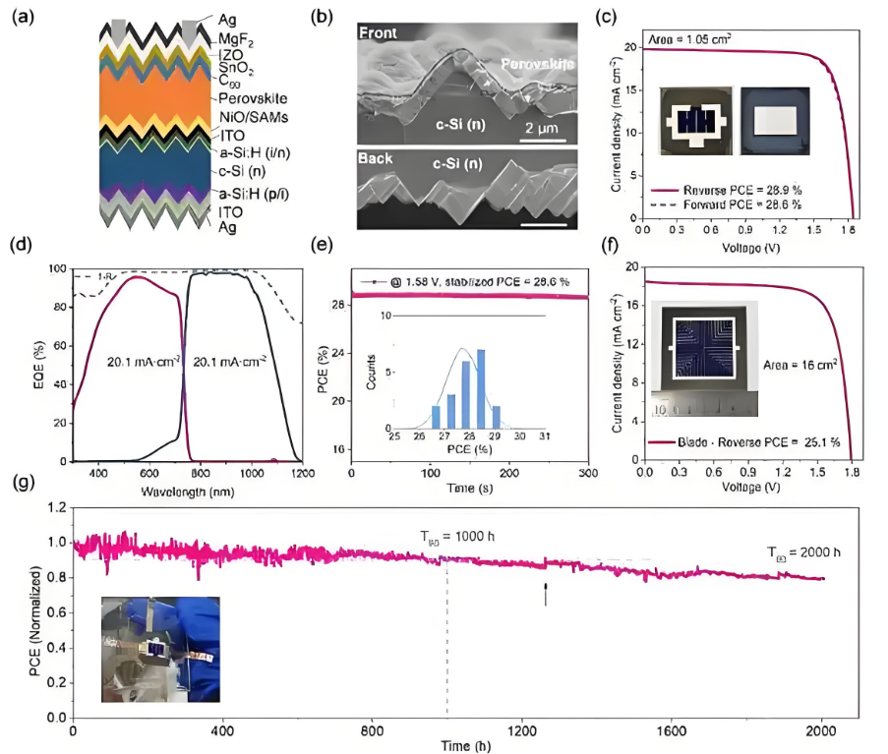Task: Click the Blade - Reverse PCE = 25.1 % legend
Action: pos(758,442)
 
